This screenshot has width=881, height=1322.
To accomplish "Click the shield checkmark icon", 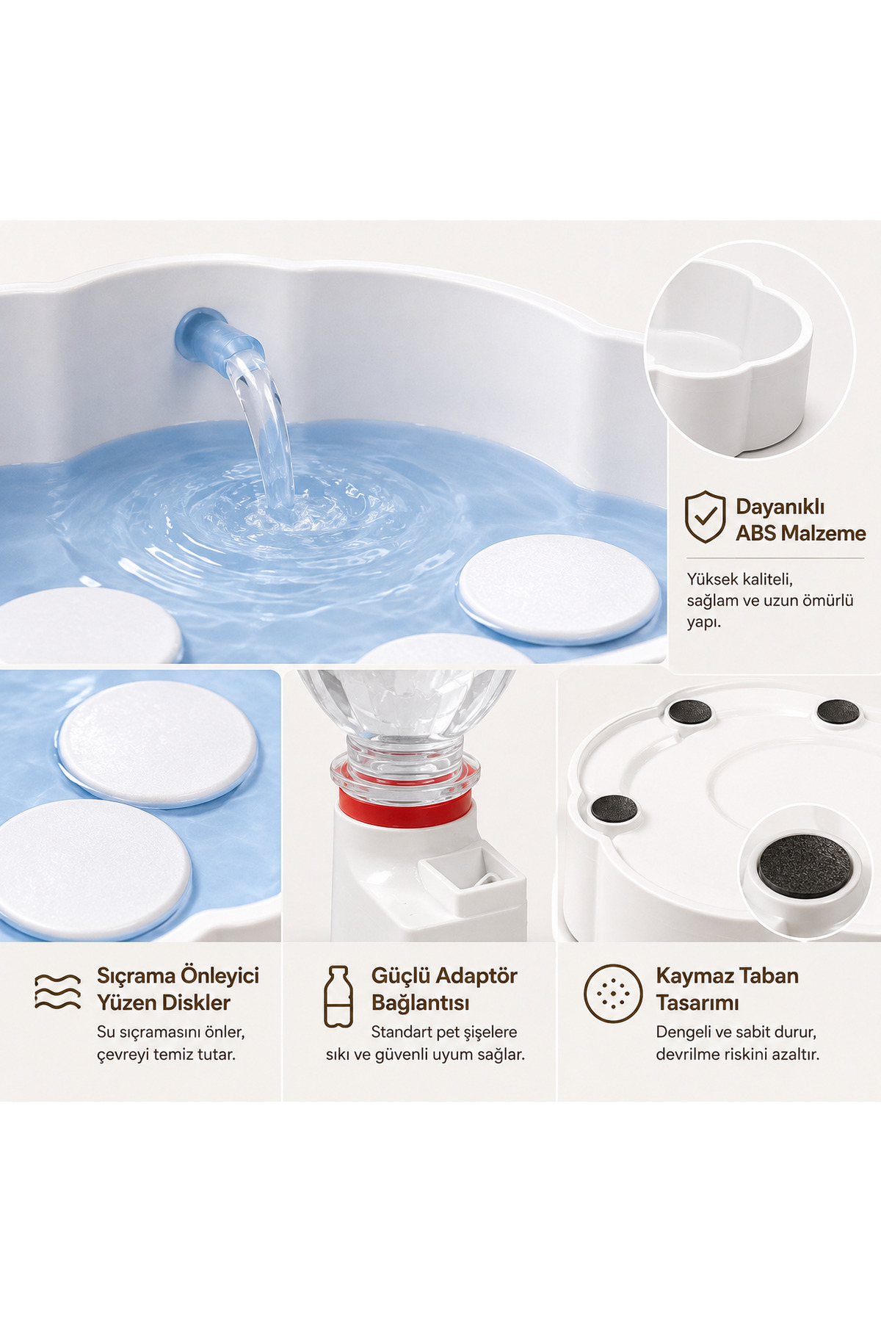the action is pyautogui.click(x=705, y=516).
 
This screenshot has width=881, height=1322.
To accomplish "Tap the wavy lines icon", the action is pyautogui.click(x=58, y=991).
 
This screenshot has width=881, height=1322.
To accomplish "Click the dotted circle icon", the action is pyautogui.click(x=613, y=994).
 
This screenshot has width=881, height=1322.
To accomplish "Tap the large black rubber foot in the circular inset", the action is pyautogui.click(x=805, y=865).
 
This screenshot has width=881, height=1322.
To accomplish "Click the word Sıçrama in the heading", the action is pyautogui.click(x=136, y=976).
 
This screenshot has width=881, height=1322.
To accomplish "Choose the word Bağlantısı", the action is pyautogui.click(x=420, y=1003).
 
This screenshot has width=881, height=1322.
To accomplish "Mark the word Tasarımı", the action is pyautogui.click(x=697, y=1003).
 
